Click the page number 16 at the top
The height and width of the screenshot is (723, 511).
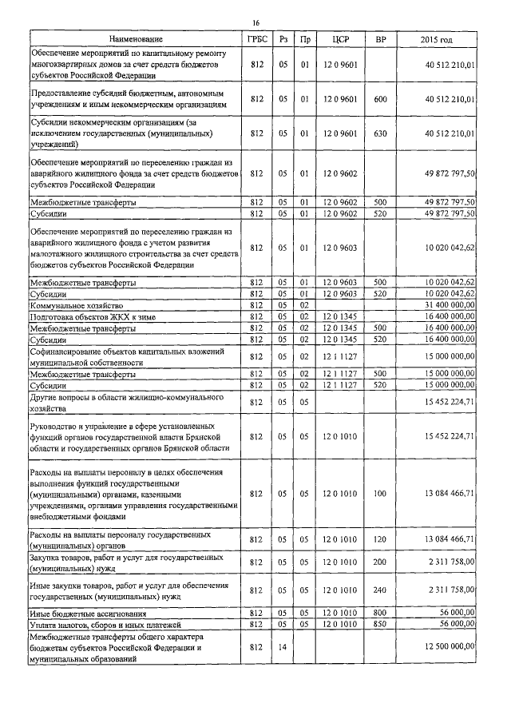[256, 22]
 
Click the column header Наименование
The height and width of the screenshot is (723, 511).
[134, 38]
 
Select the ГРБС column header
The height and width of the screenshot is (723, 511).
[256, 38]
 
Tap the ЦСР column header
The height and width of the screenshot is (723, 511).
[340, 38]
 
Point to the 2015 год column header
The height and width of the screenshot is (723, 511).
[436, 38]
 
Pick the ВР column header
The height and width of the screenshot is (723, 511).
[380, 38]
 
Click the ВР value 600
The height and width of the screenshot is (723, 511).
[380, 99]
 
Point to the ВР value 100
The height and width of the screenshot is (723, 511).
[380, 493]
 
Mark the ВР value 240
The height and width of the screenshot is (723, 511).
[380, 590]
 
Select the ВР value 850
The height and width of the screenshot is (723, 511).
[380, 623]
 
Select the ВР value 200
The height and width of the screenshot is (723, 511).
[380, 562]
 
